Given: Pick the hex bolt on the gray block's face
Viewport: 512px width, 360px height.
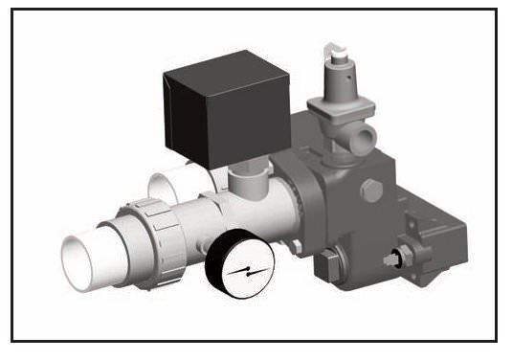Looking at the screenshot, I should click(372, 191).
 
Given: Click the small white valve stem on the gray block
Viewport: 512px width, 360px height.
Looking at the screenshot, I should click(392, 259).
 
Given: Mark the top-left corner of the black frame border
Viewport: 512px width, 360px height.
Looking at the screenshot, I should click(13, 11).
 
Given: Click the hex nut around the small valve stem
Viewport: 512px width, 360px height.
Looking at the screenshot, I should click(406, 257).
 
